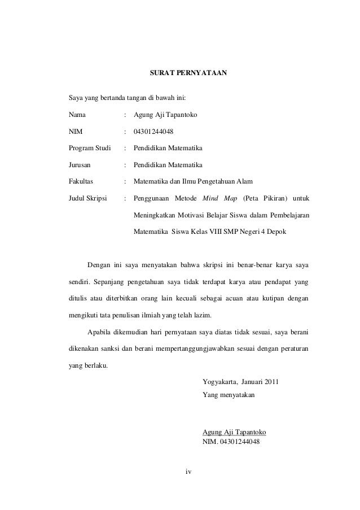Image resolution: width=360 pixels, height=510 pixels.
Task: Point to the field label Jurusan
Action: pyautogui.click(x=80, y=165)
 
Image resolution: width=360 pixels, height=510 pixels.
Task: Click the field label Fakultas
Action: pyautogui.click(x=81, y=181)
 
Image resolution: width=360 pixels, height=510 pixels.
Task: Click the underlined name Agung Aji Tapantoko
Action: pyautogui.click(x=234, y=432)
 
